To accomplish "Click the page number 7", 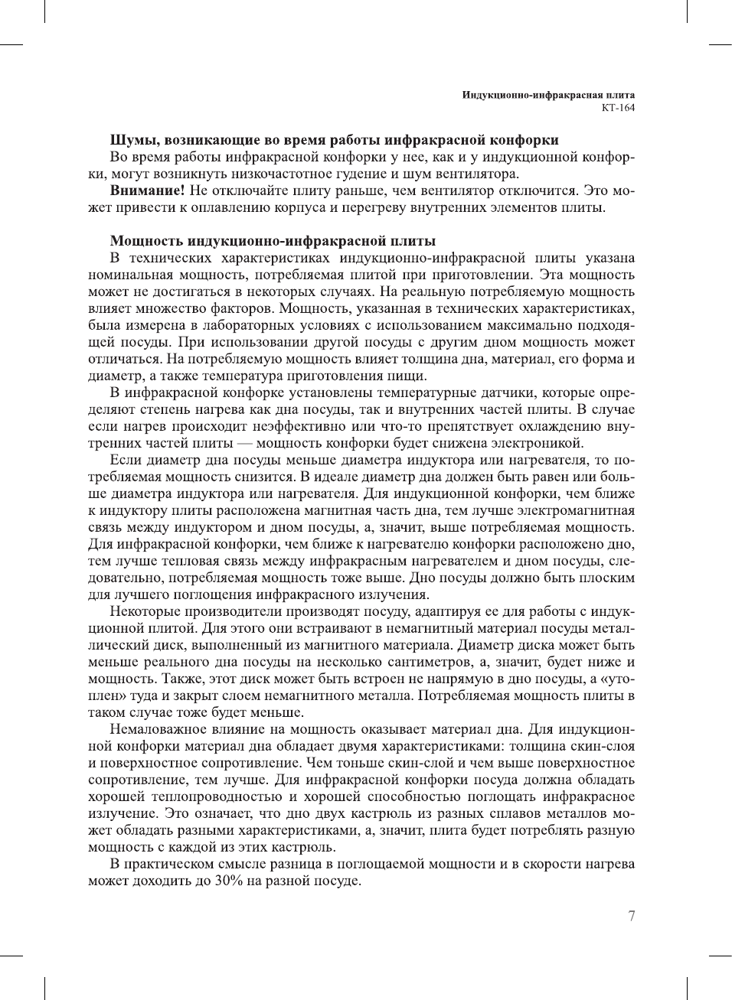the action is click(x=631, y=916).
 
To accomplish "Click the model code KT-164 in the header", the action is click(x=618, y=108).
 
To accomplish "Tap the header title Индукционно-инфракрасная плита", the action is click(x=547, y=95).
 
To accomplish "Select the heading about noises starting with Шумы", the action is click(x=334, y=140).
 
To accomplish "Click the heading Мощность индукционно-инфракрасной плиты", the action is click(x=273, y=241).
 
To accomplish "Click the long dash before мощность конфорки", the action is click(x=244, y=443).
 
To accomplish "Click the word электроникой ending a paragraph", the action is click(x=541, y=443).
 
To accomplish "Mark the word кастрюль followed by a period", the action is click(x=309, y=847).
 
